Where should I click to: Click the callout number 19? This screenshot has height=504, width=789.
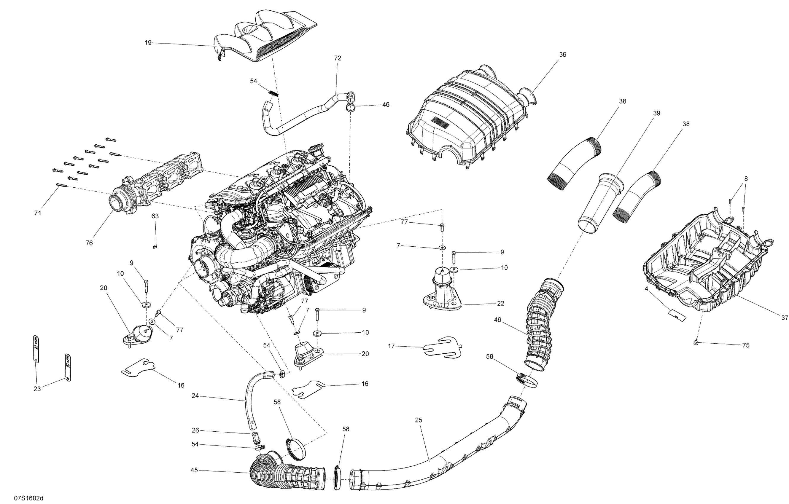[x=148, y=43]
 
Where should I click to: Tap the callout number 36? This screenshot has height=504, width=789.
[x=563, y=54]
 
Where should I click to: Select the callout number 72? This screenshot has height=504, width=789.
[x=338, y=58]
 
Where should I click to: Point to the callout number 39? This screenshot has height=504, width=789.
[x=656, y=113]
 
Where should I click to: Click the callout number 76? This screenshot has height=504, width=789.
[x=89, y=243]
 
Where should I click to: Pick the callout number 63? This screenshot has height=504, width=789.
[x=155, y=216]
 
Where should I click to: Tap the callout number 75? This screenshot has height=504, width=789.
[x=746, y=345]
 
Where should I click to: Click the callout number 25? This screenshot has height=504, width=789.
[x=419, y=420]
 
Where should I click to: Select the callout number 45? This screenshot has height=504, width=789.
[x=194, y=470]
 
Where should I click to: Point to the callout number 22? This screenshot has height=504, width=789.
[x=500, y=303]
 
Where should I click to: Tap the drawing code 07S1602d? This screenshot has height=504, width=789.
[x=28, y=498]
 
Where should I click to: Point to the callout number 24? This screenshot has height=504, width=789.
[x=195, y=396]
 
